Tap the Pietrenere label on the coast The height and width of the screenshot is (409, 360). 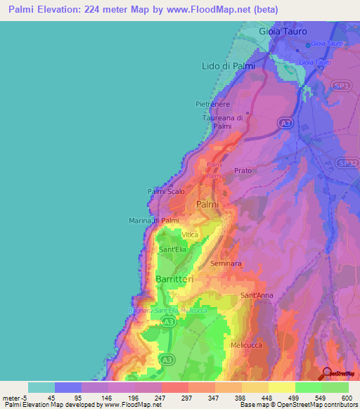pyautogui.click(x=213, y=104)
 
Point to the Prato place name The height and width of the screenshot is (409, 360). pyautogui.click(x=243, y=171)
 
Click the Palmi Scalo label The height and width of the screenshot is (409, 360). pyautogui.click(x=166, y=190)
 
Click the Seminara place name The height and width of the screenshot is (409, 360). pyautogui.click(x=226, y=264)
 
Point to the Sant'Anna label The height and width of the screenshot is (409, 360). pyautogui.click(x=257, y=295)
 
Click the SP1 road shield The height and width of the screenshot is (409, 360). pyautogui.click(x=342, y=85)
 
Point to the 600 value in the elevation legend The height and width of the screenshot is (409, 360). pyautogui.click(x=347, y=398)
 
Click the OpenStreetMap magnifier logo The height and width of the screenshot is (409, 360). pyautogui.click(x=327, y=373)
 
